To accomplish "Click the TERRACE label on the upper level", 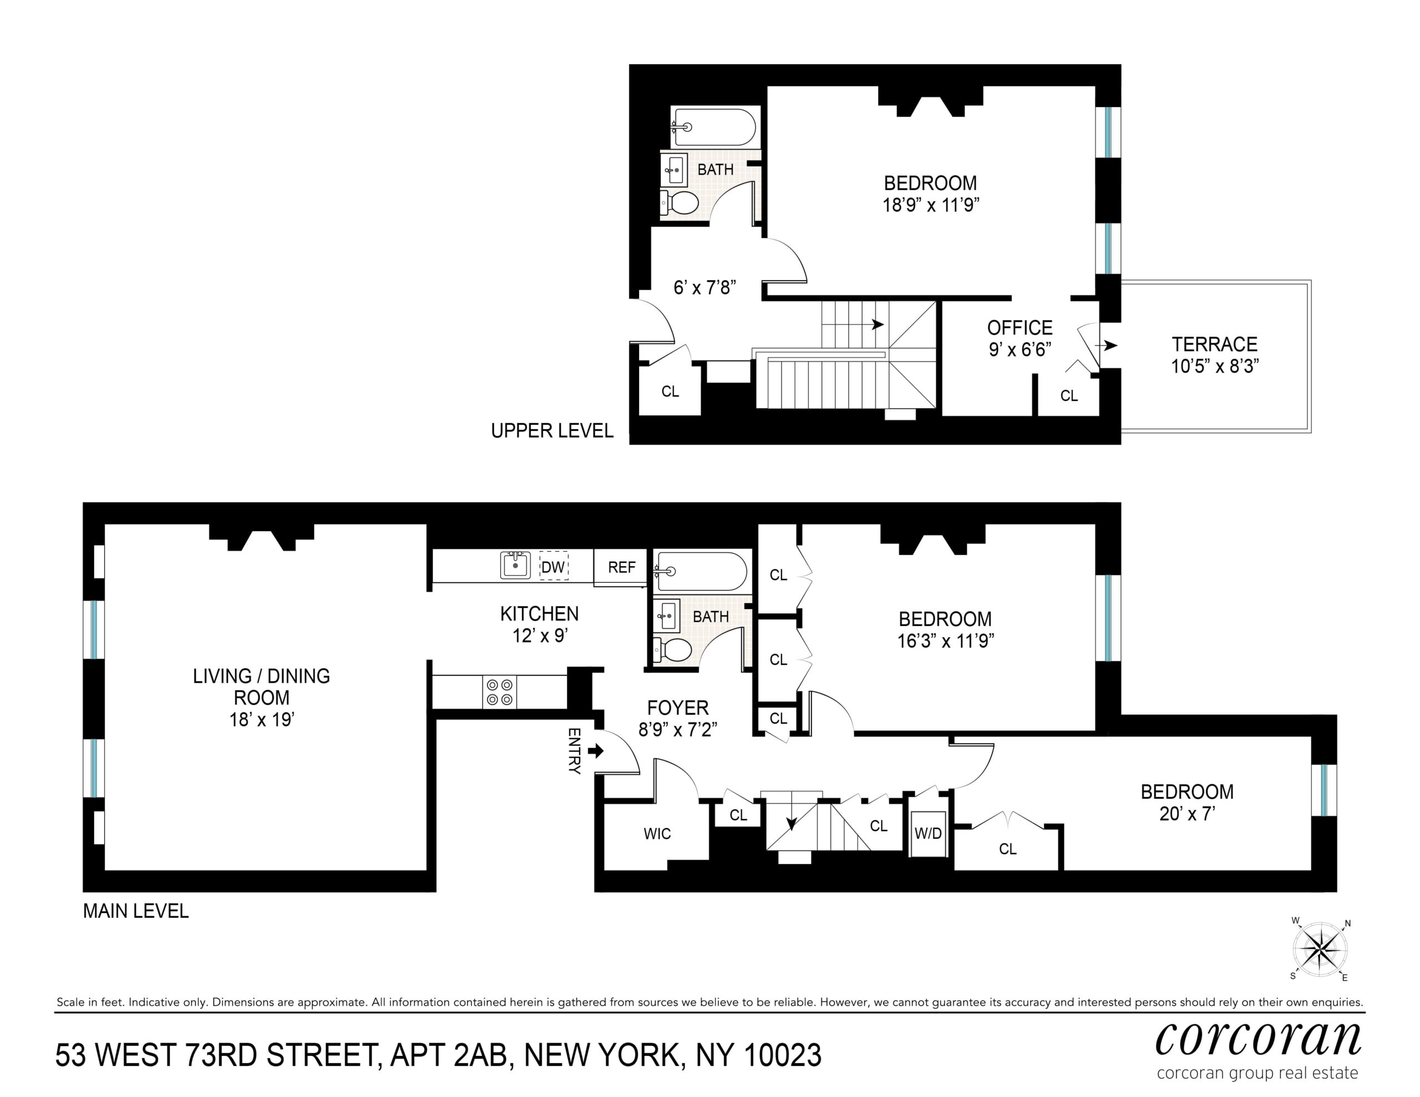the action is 1215,344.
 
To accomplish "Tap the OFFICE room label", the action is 1020,328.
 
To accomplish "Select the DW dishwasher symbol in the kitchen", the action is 554,566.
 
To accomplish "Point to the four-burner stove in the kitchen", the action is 499,692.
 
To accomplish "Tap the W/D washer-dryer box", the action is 928,833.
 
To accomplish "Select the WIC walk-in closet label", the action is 657,834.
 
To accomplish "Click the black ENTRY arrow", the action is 596,751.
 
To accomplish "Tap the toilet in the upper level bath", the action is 679,202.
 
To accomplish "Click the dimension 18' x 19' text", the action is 261,719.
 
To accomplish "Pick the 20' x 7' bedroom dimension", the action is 1187,814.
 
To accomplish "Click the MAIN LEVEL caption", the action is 136,911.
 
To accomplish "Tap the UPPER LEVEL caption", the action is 552,430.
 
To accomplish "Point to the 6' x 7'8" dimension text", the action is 705,287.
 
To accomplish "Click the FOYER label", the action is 677,708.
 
